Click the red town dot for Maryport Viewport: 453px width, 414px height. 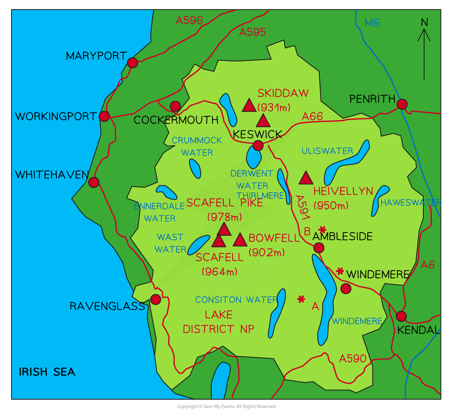click(132, 63)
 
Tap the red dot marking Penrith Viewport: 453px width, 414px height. click(402, 104)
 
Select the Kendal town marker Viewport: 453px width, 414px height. click(401, 316)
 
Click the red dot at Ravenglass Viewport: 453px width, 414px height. click(155, 299)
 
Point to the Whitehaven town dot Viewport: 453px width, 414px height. click(94, 182)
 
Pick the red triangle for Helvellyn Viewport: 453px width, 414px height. click(306, 178)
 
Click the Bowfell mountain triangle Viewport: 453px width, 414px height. click(240, 240)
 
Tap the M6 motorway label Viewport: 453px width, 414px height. click(372, 23)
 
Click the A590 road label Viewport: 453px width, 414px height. click(353, 358)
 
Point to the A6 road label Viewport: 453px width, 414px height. click(428, 265)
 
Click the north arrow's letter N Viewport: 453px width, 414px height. click(424, 22)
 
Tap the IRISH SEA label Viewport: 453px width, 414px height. click(47, 372)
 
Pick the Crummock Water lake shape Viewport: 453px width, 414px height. click(195, 168)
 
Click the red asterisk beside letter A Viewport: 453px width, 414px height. click(301, 299)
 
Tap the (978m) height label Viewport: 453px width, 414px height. click(224, 216)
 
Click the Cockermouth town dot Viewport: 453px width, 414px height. click(175, 106)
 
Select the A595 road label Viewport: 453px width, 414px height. click(252, 32)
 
